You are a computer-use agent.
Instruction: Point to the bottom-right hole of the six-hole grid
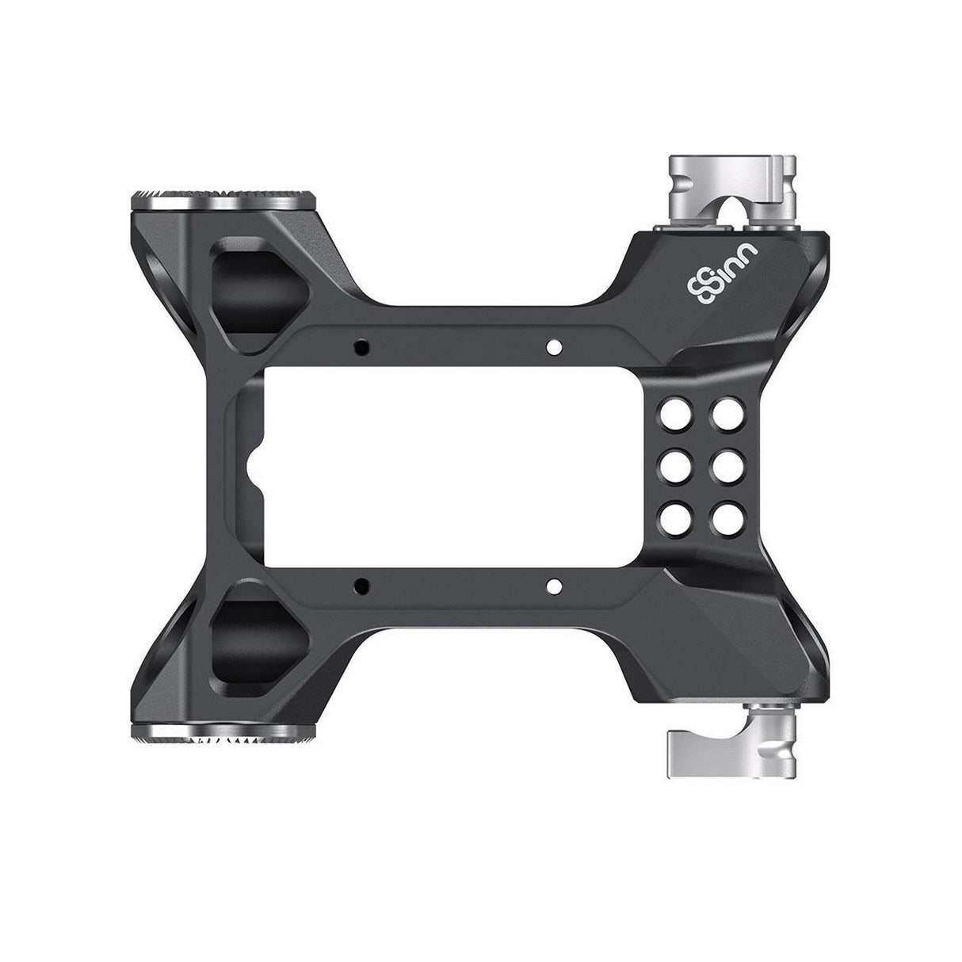tap(725, 517)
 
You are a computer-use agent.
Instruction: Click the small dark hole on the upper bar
tap(362, 346)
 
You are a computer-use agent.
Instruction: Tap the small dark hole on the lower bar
tap(362, 586)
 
